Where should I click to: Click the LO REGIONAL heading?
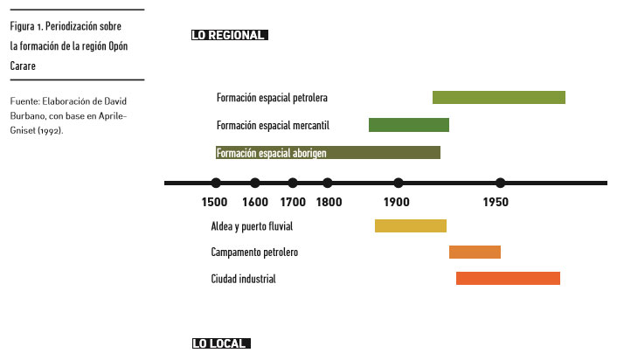229,36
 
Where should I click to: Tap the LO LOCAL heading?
220,343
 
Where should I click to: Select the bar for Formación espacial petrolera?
498,97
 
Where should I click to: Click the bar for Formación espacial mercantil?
408,125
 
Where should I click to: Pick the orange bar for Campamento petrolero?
475,253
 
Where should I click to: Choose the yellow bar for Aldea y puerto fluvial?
410,226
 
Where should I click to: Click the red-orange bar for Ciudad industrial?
508,279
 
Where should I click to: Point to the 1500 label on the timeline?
215,203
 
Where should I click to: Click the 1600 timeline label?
254,203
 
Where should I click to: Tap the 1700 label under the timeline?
293,203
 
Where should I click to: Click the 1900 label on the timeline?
397,203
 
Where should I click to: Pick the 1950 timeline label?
496,203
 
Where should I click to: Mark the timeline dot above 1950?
500,183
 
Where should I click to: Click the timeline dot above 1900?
399,183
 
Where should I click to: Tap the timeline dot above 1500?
216,183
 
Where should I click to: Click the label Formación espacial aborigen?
271,153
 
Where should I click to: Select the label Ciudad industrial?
243,279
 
